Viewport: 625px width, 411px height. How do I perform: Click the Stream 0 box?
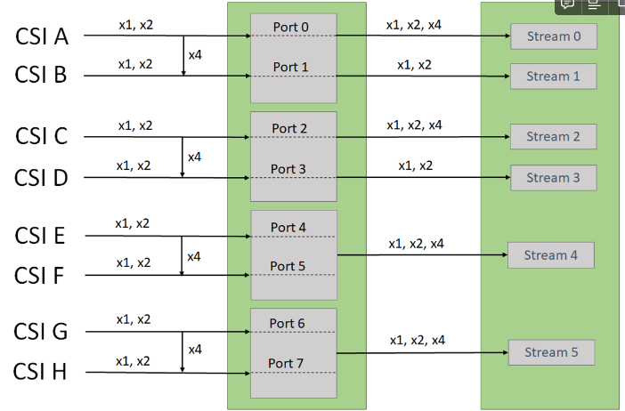[554, 36]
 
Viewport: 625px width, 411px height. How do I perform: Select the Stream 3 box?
[553, 178]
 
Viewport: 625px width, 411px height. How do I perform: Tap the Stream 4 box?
[551, 255]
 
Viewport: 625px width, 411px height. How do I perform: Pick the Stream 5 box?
[551, 352]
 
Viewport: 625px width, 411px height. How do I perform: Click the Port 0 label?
[290, 27]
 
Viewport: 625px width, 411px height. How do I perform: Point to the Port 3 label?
[288, 169]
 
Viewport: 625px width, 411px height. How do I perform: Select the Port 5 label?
[288, 266]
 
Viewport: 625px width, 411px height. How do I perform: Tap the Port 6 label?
[287, 324]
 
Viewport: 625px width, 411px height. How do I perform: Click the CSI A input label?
[42, 36]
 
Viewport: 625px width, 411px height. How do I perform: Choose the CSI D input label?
[41, 178]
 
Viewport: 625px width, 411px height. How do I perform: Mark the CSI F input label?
[39, 275]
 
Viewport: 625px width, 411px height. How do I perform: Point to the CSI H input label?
[40, 372]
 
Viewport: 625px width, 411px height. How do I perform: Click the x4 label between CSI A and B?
[195, 55]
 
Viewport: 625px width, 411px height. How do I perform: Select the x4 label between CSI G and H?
[195, 350]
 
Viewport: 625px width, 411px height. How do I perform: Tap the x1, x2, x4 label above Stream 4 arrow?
[416, 244]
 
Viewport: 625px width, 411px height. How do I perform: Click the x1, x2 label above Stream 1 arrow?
[414, 65]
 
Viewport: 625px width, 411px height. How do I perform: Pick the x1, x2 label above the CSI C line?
[135, 125]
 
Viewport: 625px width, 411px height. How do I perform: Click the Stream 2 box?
[553, 137]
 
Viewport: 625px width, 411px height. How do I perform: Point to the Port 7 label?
[286, 363]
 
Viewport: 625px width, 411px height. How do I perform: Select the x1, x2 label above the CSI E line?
[133, 223]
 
